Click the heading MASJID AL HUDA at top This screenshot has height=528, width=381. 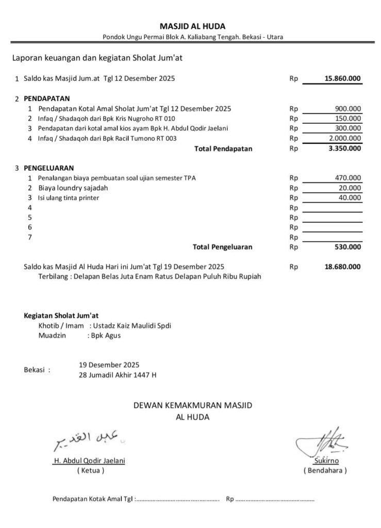click(x=192, y=26)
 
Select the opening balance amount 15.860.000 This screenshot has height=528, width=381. click(x=343, y=79)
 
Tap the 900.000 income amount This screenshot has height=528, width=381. click(x=348, y=109)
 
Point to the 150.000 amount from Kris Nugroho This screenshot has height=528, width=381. click(x=348, y=119)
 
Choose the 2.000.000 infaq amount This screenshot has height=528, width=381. click(x=345, y=138)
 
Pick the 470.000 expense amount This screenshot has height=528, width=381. click(x=348, y=178)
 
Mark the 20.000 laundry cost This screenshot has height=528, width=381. click(x=350, y=188)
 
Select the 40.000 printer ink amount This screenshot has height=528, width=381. click(x=350, y=197)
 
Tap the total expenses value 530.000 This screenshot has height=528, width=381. click(x=348, y=247)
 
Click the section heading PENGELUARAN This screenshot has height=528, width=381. click(x=48, y=168)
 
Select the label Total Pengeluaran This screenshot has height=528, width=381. click(x=222, y=247)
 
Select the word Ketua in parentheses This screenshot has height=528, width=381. click(x=90, y=470)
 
